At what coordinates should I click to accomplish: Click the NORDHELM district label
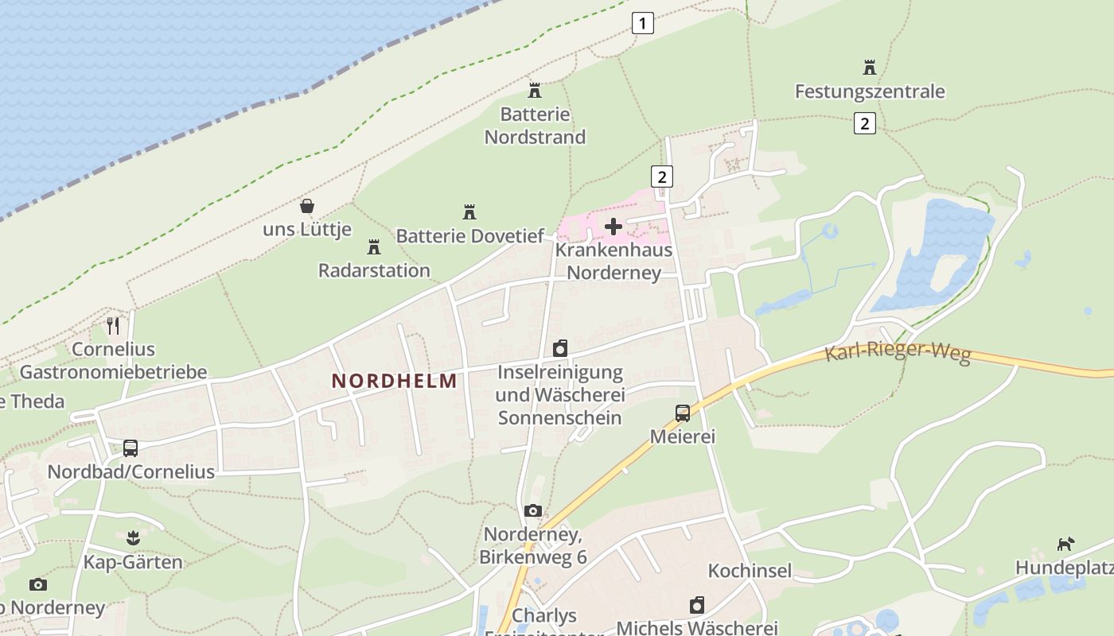click(x=395, y=381)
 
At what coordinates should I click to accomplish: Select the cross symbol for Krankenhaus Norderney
click(x=613, y=227)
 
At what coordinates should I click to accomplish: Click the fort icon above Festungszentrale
click(x=869, y=68)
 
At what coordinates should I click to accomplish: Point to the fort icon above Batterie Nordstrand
click(x=535, y=91)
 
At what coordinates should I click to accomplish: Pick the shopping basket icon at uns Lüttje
click(x=307, y=207)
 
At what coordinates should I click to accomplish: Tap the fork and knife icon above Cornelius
click(x=113, y=326)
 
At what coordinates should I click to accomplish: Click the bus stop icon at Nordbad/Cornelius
click(x=130, y=448)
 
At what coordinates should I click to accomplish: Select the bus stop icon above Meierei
click(x=683, y=413)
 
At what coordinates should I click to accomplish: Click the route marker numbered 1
click(x=643, y=23)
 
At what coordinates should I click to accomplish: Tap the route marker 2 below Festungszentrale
click(x=865, y=123)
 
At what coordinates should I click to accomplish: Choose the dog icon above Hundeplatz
click(x=1065, y=545)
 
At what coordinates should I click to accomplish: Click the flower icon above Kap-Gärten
click(x=133, y=538)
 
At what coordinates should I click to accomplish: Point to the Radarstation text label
click(x=374, y=270)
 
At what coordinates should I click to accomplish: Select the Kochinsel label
click(x=750, y=571)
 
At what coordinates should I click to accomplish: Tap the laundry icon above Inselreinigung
click(x=560, y=348)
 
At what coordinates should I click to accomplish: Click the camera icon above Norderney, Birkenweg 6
click(x=533, y=510)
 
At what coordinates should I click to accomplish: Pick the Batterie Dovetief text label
click(x=470, y=236)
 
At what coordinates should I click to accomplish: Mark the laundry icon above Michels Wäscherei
click(x=697, y=605)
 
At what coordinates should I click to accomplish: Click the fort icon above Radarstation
click(x=373, y=247)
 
